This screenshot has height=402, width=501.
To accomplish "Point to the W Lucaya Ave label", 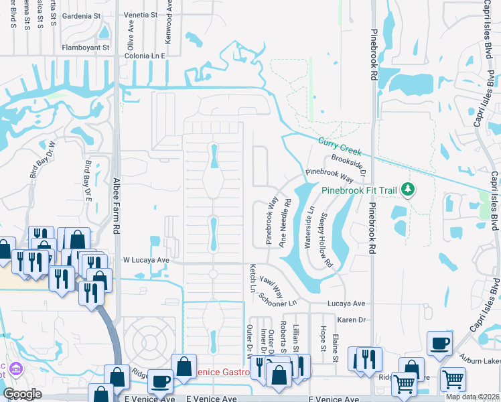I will point(144,259).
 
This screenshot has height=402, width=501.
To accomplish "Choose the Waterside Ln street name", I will point(309,227).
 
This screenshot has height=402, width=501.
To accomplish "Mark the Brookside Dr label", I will point(350,163).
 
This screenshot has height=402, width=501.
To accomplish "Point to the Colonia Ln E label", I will point(145,56).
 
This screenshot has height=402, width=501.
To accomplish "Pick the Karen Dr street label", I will point(351,320).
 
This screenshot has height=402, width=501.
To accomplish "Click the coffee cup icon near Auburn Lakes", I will point(440,344).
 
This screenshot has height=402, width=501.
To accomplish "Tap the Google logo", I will point(22,393).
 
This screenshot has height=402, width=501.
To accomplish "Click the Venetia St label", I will point(141,14).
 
